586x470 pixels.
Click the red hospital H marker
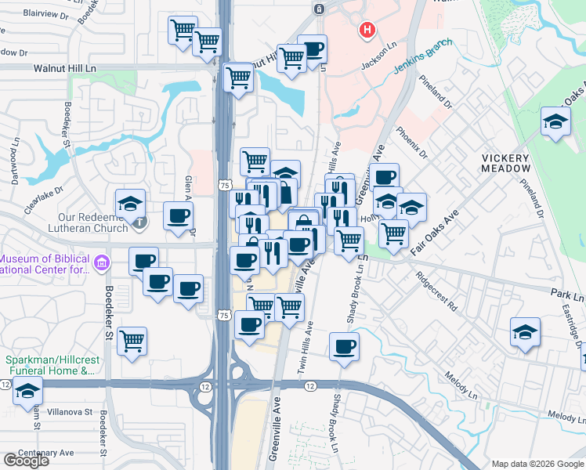click(x=366, y=31)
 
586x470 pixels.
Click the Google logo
click(x=26, y=461)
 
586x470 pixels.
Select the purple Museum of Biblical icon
click(x=102, y=261)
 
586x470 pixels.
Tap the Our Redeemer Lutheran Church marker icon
click(x=139, y=222)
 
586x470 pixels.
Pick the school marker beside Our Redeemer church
click(x=130, y=203)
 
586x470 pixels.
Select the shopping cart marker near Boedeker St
click(x=132, y=340)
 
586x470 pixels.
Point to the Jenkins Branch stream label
click(x=423, y=64)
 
